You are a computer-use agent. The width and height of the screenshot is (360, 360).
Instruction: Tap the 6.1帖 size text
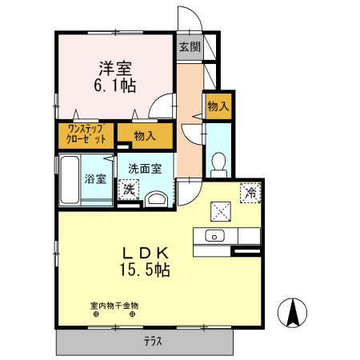[x=113, y=86]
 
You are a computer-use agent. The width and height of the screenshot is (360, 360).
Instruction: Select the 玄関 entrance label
[x=190, y=47]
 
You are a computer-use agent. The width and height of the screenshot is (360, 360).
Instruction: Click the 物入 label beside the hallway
[x=218, y=105]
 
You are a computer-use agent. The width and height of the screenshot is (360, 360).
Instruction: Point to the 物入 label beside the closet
[x=145, y=136]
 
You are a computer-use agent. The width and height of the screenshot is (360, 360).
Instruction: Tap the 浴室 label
[x=96, y=178]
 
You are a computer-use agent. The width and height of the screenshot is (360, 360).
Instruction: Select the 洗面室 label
[x=145, y=168]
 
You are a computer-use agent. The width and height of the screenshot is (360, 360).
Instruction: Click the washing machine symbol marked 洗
[x=127, y=190]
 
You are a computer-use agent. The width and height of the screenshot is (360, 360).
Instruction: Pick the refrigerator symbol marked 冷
[x=250, y=193]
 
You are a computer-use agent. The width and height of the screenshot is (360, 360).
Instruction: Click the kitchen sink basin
[x=214, y=235]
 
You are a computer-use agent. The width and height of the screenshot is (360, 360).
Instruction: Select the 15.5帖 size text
[x=145, y=270]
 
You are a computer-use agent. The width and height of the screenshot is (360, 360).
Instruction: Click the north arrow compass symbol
[x=294, y=311]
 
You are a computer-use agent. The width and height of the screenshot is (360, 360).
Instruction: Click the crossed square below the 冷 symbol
[x=221, y=211]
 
